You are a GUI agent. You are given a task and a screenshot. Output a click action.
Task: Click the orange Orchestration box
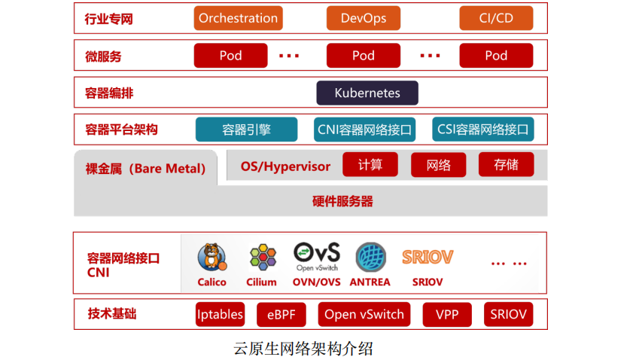238,18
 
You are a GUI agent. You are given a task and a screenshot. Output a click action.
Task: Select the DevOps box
363,18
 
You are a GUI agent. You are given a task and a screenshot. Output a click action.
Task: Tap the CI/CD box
496,18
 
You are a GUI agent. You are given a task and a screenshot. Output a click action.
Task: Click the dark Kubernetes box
367,93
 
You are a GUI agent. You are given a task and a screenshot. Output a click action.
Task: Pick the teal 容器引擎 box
246,130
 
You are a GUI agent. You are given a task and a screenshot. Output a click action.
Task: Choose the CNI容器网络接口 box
365,130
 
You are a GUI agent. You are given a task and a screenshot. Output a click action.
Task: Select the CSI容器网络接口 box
483,130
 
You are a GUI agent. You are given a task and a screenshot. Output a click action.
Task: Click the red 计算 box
370,165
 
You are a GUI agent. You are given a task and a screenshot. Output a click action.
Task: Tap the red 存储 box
506,165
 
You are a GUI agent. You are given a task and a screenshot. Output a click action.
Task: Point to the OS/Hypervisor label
285,166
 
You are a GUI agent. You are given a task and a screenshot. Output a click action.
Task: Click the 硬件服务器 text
342,201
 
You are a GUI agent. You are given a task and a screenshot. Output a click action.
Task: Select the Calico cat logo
211,258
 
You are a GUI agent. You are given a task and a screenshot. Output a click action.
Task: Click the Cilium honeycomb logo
262,258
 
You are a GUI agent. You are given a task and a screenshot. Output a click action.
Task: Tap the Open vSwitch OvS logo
316,257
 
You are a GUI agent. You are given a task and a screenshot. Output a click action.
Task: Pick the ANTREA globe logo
370,258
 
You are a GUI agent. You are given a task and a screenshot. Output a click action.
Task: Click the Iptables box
220,315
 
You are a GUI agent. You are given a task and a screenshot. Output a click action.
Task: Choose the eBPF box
281,315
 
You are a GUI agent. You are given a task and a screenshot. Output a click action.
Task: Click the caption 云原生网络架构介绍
303,349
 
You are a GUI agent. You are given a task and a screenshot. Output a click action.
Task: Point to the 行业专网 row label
109,19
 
